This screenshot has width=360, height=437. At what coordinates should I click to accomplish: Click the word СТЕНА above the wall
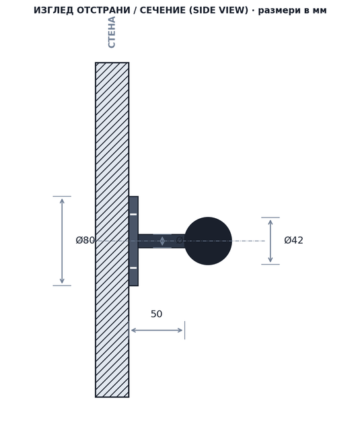pos(112,32)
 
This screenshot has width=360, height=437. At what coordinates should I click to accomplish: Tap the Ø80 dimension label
pos(85,240)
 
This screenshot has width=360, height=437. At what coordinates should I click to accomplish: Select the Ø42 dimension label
pos(293,240)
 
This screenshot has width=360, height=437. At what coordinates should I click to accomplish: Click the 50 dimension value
pos(157,314)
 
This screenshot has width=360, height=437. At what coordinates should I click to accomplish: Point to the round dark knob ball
pos(208,241)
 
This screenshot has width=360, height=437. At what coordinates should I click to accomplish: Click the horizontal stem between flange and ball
pos(161,241)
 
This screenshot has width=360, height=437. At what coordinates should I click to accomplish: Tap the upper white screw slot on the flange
pos(133,214)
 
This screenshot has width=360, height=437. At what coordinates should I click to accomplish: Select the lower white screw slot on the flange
pos(133,268)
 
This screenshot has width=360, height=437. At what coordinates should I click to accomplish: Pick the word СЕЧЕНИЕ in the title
pos(163,10)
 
